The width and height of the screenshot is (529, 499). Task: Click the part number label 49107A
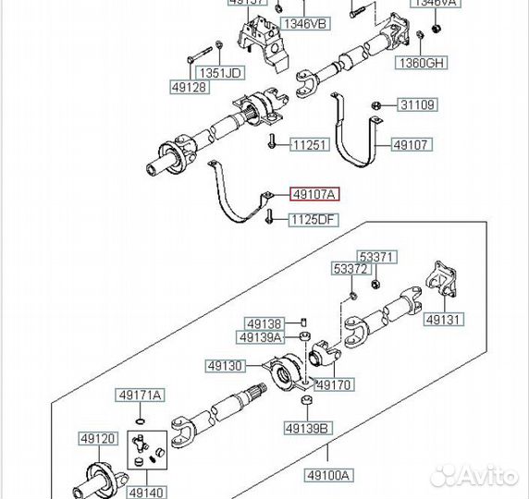pyautogui.click(x=314, y=194)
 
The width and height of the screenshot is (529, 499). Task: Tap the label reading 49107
pyautogui.click(x=410, y=145)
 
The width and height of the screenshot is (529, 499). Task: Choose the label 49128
pyautogui.click(x=189, y=87)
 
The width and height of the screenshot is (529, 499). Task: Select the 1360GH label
pyautogui.click(x=422, y=63)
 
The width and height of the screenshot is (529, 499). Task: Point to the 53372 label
pyautogui.click(x=351, y=269)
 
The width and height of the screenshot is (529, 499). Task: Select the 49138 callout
pyautogui.click(x=263, y=324)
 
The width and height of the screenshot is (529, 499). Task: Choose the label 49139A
pyautogui.click(x=264, y=337)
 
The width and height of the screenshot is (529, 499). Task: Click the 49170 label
pyautogui.click(x=334, y=384)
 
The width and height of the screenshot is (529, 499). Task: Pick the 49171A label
pyautogui.click(x=139, y=396)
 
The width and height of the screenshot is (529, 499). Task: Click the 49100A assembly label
pyautogui.click(x=329, y=475)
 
